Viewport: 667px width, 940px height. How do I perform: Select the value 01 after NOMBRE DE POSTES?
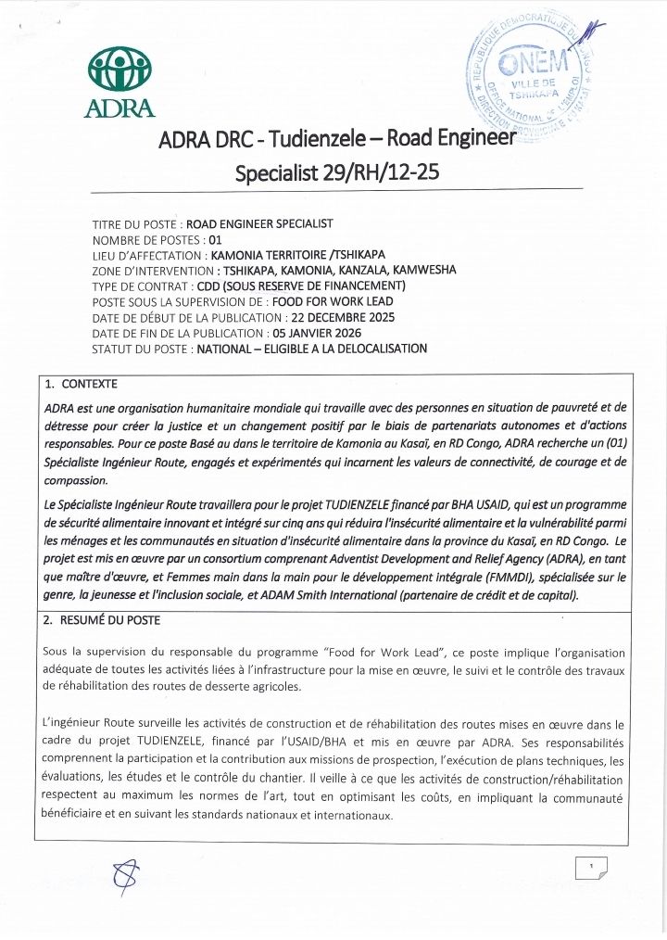click(216, 239)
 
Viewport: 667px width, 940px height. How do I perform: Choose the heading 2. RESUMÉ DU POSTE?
click(102, 620)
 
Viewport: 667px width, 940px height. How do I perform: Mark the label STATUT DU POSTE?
click(143, 349)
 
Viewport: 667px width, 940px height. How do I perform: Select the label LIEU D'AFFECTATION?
click(149, 255)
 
